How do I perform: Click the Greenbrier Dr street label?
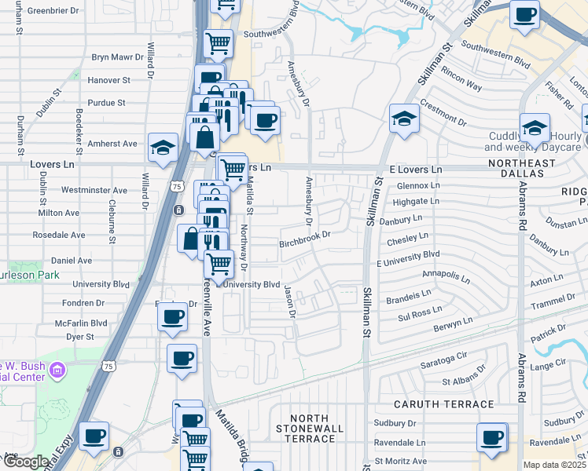pyautogui.click(x=53, y=11)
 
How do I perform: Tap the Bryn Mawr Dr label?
pyautogui.click(x=118, y=57)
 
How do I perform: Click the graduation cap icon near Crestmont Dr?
pyautogui.click(x=405, y=119)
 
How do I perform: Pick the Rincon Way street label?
pyautogui.click(x=461, y=81)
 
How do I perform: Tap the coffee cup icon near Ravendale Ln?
pyautogui.click(x=493, y=438)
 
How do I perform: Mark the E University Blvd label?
pyautogui.click(x=408, y=254)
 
